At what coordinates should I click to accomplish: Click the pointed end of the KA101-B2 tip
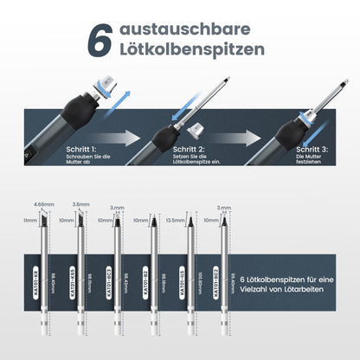157,221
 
